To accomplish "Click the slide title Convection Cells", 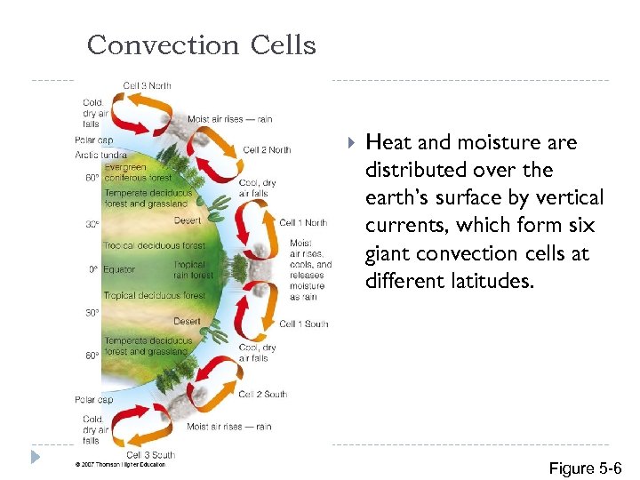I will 201,44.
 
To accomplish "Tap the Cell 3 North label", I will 147,86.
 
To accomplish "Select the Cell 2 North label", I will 267,150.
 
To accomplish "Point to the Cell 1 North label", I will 303,222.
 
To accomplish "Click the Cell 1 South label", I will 303,324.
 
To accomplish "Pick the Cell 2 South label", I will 263,394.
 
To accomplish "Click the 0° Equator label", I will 111,269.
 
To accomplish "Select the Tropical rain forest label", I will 194,269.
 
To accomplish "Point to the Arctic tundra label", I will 100,155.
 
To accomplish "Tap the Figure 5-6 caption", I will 585,468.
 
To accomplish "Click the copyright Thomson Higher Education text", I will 120,464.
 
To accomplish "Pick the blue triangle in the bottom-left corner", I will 35,457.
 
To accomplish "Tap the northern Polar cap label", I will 93,140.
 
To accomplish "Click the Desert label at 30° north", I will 187,220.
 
